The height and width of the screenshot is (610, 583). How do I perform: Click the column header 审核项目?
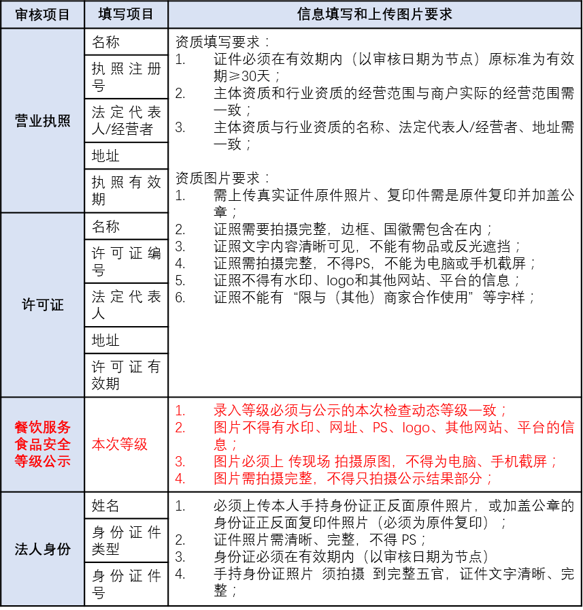pyautogui.click(x=42, y=14)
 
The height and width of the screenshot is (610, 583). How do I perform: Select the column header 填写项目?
pyautogui.click(x=126, y=14)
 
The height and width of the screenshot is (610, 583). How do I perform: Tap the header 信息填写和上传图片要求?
pyautogui.click(x=375, y=14)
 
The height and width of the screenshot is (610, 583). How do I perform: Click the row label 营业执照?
pyautogui.click(x=42, y=121)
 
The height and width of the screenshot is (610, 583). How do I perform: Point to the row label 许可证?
pyautogui.click(x=42, y=304)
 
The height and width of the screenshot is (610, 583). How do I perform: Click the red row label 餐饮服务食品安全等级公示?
pyautogui.click(x=42, y=444)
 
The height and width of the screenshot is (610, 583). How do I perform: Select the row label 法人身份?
pyautogui.click(x=42, y=549)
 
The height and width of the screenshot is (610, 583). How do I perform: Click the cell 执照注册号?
pyautogui.click(x=127, y=77)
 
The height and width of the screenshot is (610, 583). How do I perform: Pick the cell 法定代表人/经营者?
pyautogui.click(x=127, y=121)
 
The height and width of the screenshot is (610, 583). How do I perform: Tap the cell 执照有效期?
pyautogui.click(x=127, y=191)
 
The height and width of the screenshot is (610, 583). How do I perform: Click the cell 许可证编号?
pyautogui.click(x=127, y=261)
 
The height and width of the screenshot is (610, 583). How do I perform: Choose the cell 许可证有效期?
pyautogui.click(x=127, y=375)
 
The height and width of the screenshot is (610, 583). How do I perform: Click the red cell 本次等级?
pyautogui.click(x=120, y=444)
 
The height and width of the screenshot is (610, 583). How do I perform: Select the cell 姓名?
pyautogui.click(x=105, y=505)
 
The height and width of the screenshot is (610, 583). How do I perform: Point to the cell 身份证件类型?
pyautogui.click(x=127, y=541)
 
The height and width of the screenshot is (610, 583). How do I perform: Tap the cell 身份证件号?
pyautogui.click(x=127, y=584)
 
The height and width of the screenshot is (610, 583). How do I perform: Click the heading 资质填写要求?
pyautogui.click(x=222, y=42)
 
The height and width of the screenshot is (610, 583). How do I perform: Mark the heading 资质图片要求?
pyautogui.click(x=222, y=178)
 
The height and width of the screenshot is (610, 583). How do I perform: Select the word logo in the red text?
pyautogui.click(x=416, y=428)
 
